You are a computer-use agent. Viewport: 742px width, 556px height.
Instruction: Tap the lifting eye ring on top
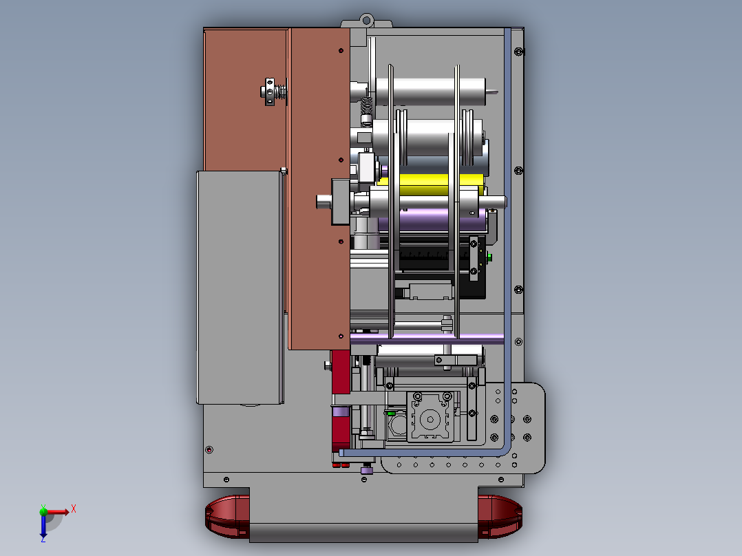coord(366,21)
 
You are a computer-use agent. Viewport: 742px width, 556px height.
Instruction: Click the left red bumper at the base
coord(227,516)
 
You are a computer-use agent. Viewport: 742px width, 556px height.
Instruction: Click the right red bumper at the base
coord(500,516)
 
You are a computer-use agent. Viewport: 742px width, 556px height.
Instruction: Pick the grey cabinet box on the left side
coord(240,287)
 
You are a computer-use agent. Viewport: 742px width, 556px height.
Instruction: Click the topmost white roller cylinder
coord(431,92)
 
